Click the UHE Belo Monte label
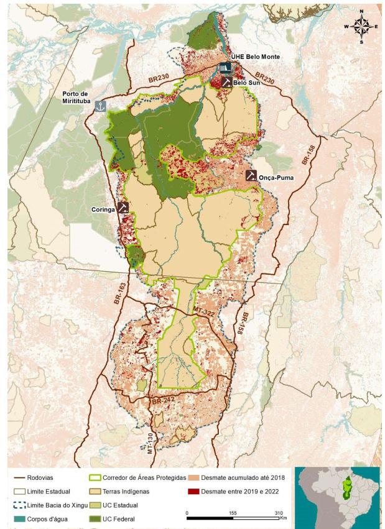pyautogui.click(x=256, y=57)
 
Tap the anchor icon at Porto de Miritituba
pyautogui.click(x=100, y=106)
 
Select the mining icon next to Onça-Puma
pyautogui.click(x=251, y=176)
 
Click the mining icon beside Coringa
pyautogui.click(x=123, y=207)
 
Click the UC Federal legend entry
pyautogui.click(x=127, y=518)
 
